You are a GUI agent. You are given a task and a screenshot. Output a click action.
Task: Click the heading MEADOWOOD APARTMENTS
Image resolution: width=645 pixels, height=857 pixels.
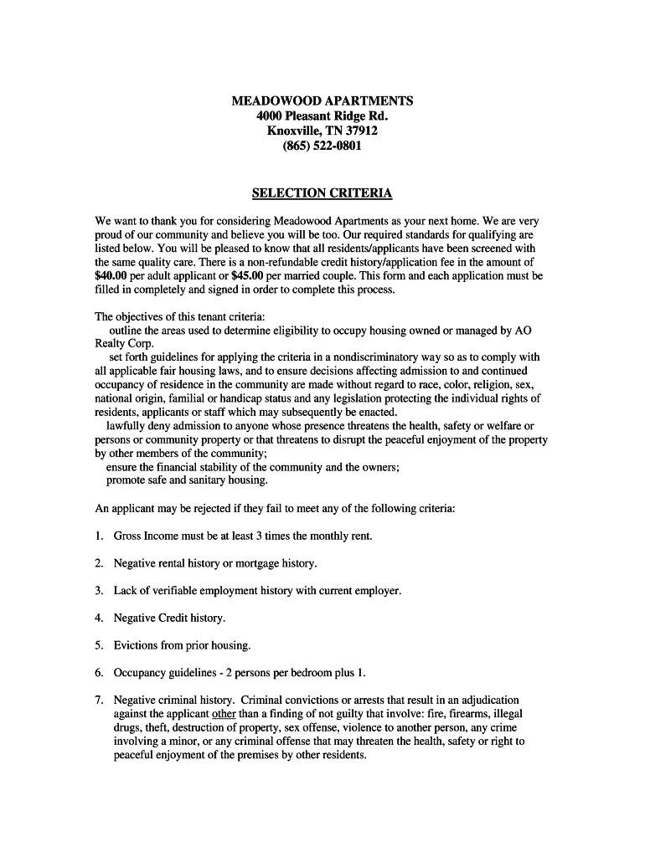(x=322, y=101)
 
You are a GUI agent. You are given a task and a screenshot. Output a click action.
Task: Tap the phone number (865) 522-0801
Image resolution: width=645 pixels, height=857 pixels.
(x=322, y=146)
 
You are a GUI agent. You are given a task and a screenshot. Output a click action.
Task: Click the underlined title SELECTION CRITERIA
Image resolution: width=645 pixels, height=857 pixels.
(x=322, y=193)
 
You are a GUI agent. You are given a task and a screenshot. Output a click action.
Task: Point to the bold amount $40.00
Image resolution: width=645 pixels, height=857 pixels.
(x=112, y=275)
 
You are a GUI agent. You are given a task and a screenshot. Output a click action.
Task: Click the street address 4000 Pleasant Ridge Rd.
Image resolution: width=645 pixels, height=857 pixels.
(x=322, y=116)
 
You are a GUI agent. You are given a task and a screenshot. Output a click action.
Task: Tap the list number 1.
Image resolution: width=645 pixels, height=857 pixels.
(x=98, y=536)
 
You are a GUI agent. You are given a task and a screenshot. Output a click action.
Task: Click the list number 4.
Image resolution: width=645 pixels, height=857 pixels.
(x=98, y=618)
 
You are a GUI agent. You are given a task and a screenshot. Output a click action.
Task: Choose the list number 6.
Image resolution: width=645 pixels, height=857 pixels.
(x=98, y=673)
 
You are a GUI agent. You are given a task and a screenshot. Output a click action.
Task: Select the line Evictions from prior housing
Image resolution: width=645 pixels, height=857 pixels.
(x=182, y=646)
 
